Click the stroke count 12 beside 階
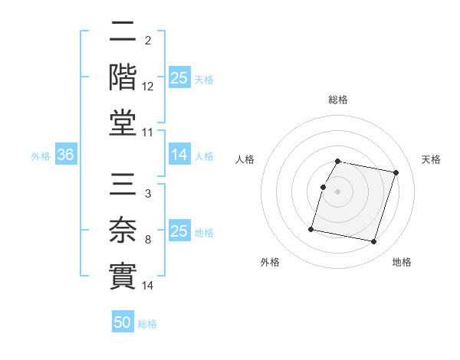pyautogui.click(x=148, y=87)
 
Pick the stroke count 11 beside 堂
pyautogui.click(x=148, y=133)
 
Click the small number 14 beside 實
pyautogui.click(x=148, y=286)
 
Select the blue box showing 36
pyautogui.click(x=65, y=155)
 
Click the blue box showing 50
pyautogui.click(x=123, y=323)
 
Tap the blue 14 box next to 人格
pyautogui.click(x=179, y=155)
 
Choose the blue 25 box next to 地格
pyautogui.click(x=179, y=231)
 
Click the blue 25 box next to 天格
pyautogui.click(x=179, y=77)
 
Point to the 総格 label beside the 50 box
pyautogui.click(x=147, y=324)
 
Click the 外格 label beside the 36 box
pyautogui.click(x=41, y=155)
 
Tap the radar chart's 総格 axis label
pyautogui.click(x=338, y=100)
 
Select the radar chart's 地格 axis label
pyautogui.click(x=402, y=262)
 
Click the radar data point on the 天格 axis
pyautogui.click(x=396, y=172)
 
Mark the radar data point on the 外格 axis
pyautogui.click(x=311, y=229)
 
